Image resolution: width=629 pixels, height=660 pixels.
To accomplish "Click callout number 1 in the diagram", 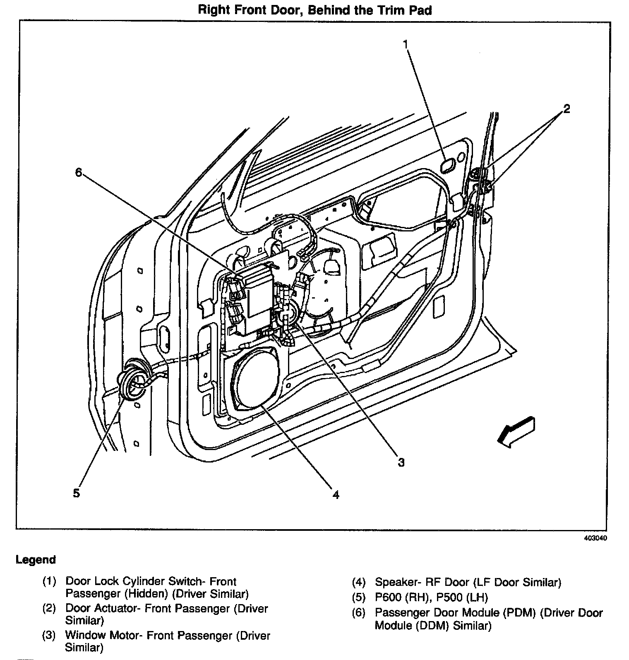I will pos(406,44).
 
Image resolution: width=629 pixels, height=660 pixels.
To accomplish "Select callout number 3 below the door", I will pos(401,462).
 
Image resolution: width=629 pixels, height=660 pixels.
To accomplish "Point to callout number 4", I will pos(336,494).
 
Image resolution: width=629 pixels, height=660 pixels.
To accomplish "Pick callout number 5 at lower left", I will pos(76,493).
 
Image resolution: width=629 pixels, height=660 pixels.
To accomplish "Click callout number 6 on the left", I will pos(79,172).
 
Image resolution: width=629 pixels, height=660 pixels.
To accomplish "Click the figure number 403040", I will pos(596,538).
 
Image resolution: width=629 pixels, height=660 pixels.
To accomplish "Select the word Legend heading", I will pos(36,560).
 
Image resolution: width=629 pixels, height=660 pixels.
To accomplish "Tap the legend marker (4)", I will pos(359,583).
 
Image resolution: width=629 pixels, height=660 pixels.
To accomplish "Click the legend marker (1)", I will pos(49,582).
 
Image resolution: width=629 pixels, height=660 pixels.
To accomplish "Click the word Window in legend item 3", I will pos(86,635).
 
